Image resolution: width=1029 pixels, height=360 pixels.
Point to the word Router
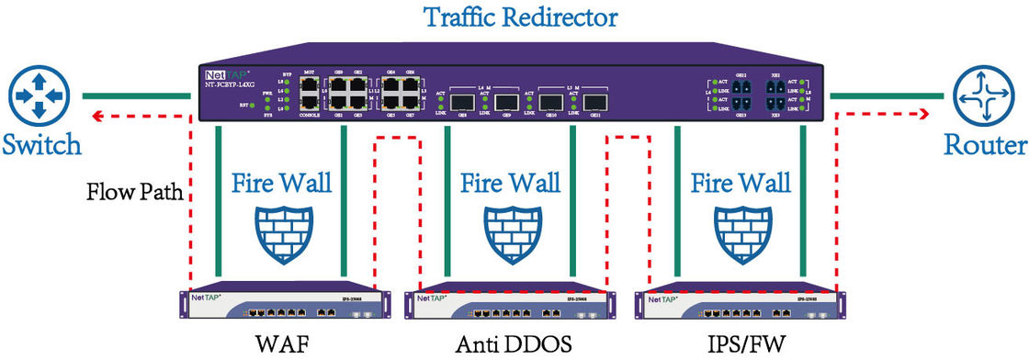[986, 145]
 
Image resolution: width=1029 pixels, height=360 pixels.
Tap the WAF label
[279, 345]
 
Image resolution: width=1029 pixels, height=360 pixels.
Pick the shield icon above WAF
[280, 231]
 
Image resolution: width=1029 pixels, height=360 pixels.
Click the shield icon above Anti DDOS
[510, 231]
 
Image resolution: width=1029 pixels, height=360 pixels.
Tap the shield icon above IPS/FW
[740, 231]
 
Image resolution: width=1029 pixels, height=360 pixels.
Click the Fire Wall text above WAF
[280, 182]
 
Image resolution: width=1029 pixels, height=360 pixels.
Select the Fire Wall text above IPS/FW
[740, 182]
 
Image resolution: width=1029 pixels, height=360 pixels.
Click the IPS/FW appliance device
[737, 306]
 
